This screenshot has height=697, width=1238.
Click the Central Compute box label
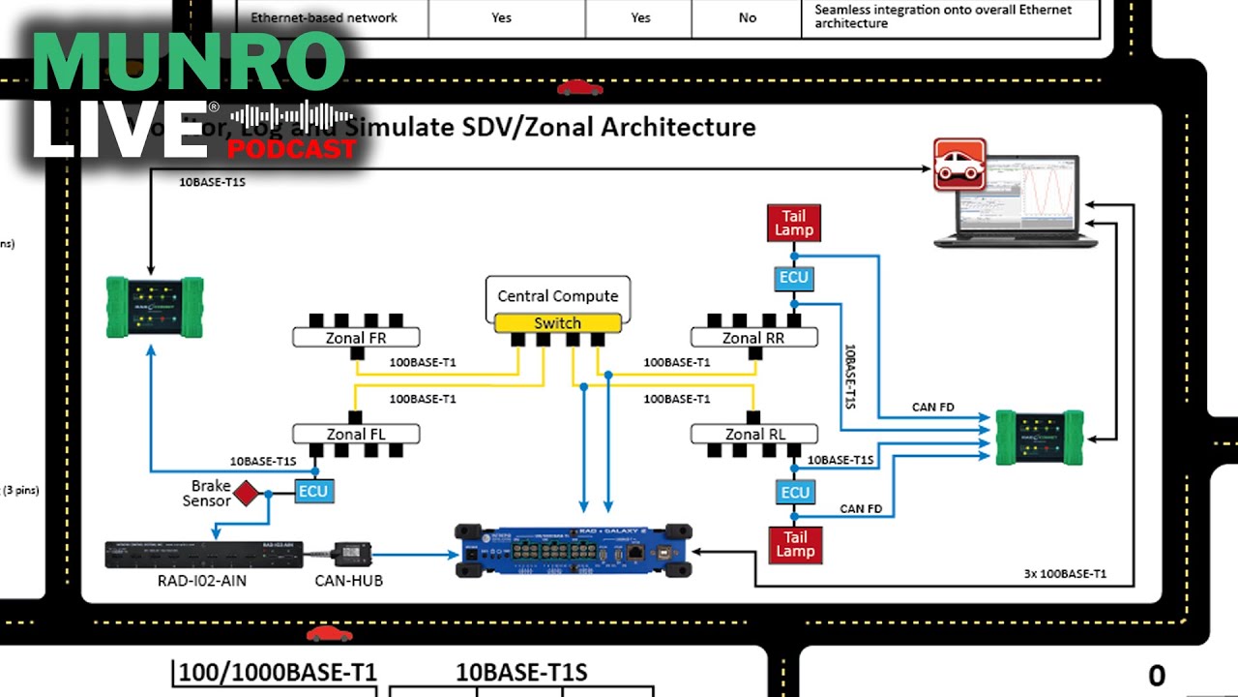(557, 296)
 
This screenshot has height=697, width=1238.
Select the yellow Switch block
(557, 323)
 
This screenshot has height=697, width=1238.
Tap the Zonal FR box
(356, 338)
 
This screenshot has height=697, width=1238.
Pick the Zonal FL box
(356, 434)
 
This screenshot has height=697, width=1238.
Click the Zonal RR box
(753, 338)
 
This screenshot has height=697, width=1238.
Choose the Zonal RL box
(753, 434)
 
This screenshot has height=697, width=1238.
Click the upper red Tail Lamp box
(795, 223)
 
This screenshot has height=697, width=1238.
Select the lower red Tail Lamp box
(795, 544)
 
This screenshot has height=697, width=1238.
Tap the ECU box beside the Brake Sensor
(313, 491)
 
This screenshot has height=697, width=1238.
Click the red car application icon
(959, 165)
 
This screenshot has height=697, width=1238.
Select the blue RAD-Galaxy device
(574, 550)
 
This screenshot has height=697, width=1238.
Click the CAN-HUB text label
(349, 581)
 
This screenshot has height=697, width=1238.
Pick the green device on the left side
(156, 306)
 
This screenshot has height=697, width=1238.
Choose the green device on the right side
(1041, 438)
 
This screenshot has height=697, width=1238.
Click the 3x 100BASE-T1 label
(1065, 574)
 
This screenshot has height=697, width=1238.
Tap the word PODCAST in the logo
(292, 150)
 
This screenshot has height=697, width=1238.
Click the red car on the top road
(579, 88)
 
